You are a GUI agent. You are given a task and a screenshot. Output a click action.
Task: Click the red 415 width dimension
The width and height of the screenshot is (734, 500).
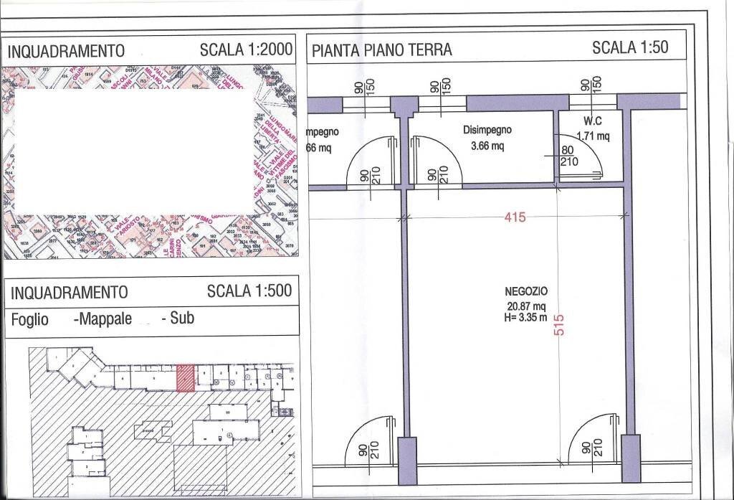pos(515,217)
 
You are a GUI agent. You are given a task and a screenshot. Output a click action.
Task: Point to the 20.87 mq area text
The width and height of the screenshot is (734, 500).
pos(525,305)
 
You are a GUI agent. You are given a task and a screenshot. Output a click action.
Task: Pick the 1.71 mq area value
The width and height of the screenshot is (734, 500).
pos(593,135)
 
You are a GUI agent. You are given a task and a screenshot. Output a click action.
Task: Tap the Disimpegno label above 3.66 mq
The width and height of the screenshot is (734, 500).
pos(487,131)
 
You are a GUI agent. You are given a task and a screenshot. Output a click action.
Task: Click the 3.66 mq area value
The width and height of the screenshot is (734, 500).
pos(487,146)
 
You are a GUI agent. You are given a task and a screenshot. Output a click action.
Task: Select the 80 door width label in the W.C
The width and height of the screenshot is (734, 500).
pos(567,151)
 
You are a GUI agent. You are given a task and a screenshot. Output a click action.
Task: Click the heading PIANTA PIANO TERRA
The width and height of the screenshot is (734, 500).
pos(382,49)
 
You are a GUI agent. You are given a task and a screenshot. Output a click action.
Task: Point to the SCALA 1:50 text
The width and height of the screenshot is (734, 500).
pos(630,48)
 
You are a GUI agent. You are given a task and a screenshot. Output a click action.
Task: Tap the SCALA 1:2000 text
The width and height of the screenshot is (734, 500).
pos(247,50)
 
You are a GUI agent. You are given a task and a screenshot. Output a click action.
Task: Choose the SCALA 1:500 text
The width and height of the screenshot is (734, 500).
pos(249,291)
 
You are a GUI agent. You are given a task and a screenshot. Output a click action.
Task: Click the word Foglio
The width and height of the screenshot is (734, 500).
pos(30,320)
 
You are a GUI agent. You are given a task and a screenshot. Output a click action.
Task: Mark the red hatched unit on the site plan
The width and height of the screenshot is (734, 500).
pos(185,377)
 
